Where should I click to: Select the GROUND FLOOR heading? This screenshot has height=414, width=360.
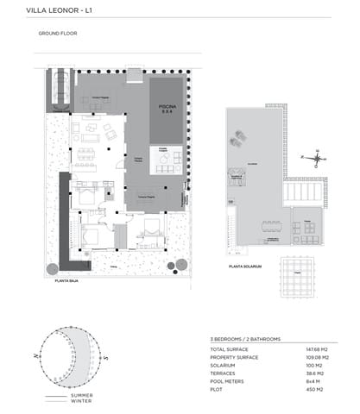(x=58, y=34)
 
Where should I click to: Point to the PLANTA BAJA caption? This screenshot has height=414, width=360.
(x=66, y=281)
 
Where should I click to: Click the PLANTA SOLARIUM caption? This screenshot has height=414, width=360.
(x=245, y=267)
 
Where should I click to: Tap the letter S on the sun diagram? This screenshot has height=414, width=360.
(x=104, y=356)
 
